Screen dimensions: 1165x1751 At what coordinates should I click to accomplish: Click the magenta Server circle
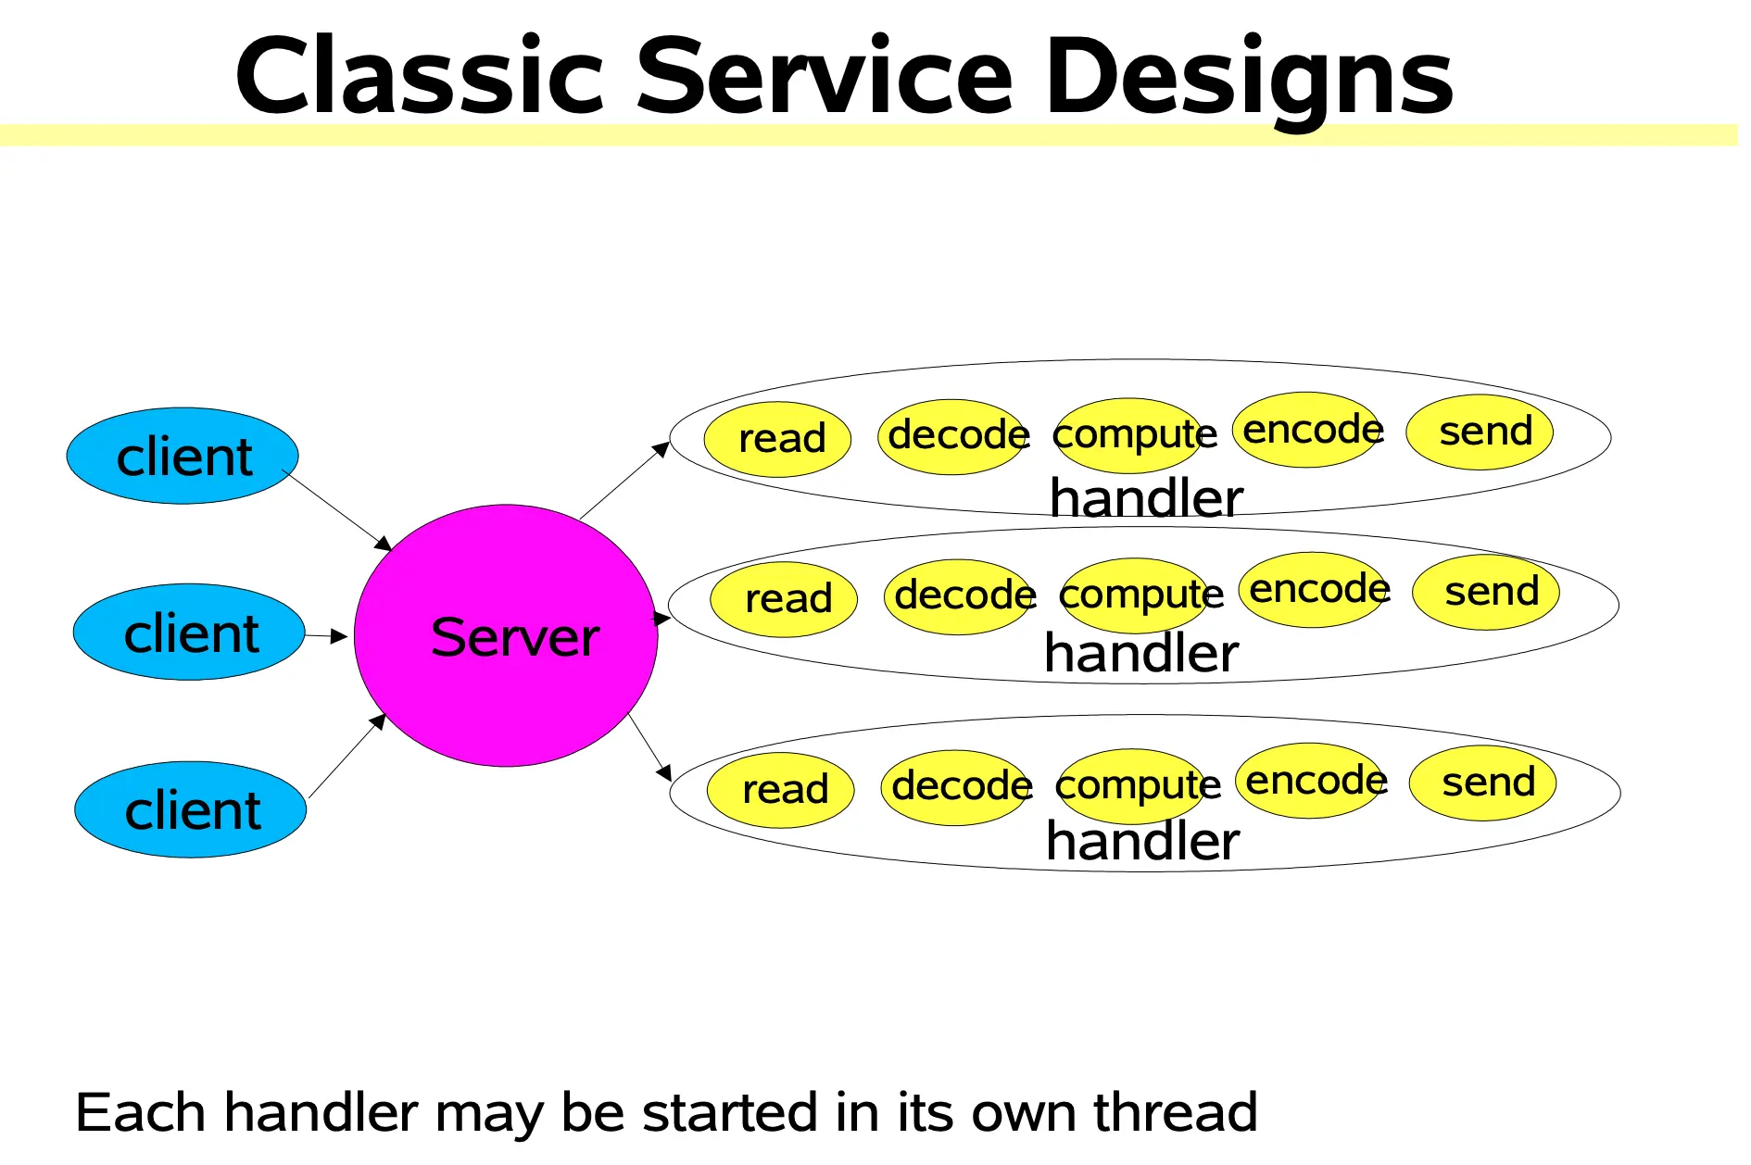(506, 635)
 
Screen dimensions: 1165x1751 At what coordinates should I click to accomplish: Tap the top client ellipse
(183, 456)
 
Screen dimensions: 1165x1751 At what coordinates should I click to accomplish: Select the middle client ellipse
(189, 632)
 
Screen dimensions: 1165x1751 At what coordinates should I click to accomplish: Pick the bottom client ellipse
(191, 809)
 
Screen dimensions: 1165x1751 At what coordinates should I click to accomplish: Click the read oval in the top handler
(777, 439)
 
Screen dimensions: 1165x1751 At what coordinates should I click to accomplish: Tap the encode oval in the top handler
(1308, 430)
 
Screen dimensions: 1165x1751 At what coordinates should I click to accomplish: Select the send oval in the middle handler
(1486, 592)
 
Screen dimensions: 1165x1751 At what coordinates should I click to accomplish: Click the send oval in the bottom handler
(1482, 783)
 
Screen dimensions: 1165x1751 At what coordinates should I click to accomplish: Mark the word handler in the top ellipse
(1146, 498)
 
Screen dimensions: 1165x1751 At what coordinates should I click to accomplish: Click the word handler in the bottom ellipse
(1142, 841)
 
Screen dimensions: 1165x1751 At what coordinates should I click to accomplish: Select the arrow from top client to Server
(338, 510)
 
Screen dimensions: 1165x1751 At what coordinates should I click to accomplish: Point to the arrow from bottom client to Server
(346, 757)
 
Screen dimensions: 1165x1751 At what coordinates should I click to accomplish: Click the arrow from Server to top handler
(624, 481)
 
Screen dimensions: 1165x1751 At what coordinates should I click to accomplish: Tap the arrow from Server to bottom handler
(649, 747)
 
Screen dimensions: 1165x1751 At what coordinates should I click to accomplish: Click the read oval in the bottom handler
(780, 790)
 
